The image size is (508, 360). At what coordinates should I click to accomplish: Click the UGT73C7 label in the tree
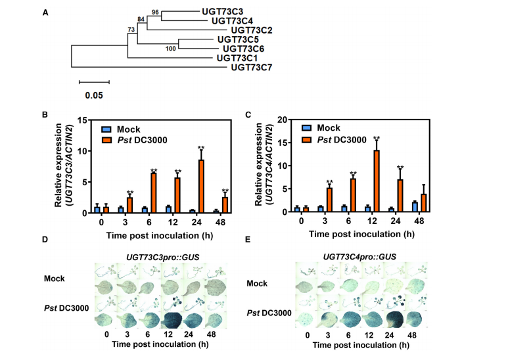(x=252, y=68)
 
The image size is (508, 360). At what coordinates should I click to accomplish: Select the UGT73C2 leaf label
(x=252, y=30)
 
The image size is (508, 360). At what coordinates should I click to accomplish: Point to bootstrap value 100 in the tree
(x=170, y=49)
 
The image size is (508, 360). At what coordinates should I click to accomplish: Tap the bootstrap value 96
(x=155, y=12)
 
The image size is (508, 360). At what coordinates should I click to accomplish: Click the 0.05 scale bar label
(x=94, y=95)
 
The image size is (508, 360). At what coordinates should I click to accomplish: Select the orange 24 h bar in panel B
(x=201, y=186)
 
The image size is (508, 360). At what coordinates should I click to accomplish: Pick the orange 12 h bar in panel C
(x=377, y=181)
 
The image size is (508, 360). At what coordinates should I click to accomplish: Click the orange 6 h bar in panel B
(x=154, y=192)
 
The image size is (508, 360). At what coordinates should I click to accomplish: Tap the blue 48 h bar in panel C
(x=415, y=207)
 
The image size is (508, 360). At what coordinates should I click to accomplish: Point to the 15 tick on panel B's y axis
(x=83, y=120)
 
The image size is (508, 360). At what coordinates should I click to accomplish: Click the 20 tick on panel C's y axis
(x=282, y=120)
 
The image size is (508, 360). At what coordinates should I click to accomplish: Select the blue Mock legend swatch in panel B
(x=106, y=129)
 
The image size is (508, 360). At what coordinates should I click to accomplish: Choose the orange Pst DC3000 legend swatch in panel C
(x=306, y=140)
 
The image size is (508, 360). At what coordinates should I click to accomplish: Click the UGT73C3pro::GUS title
(x=162, y=258)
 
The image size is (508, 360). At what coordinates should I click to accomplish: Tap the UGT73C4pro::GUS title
(x=359, y=257)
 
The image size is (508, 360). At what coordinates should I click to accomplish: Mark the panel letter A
(x=45, y=13)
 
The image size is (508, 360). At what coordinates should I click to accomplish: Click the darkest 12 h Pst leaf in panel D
(x=172, y=321)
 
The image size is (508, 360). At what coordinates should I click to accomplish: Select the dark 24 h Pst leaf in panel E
(x=394, y=319)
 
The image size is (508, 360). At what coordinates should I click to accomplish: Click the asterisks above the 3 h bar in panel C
(x=329, y=182)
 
